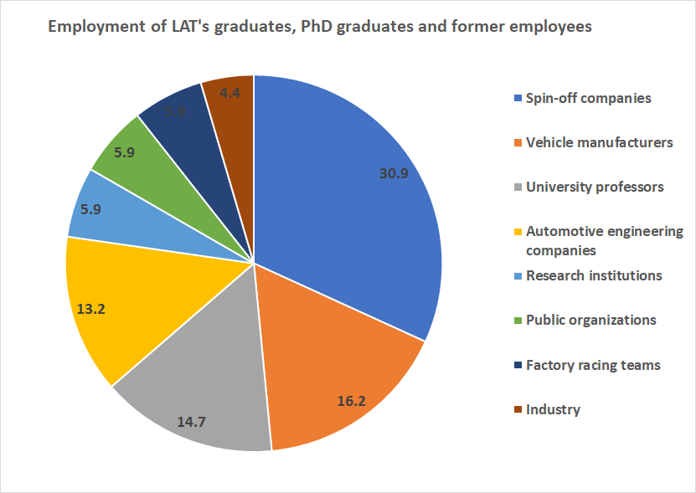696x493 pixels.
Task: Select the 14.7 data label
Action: [x=191, y=422]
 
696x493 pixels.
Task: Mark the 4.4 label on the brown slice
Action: [x=229, y=94]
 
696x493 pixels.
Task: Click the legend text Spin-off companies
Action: [x=588, y=98]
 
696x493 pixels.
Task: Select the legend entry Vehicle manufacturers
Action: [x=599, y=142]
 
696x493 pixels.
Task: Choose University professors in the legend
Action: [x=595, y=187]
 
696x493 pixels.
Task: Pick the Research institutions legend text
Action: [x=594, y=275]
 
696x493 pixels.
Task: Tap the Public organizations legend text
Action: [x=590, y=320]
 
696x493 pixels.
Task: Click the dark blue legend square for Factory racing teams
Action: [x=518, y=365]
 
